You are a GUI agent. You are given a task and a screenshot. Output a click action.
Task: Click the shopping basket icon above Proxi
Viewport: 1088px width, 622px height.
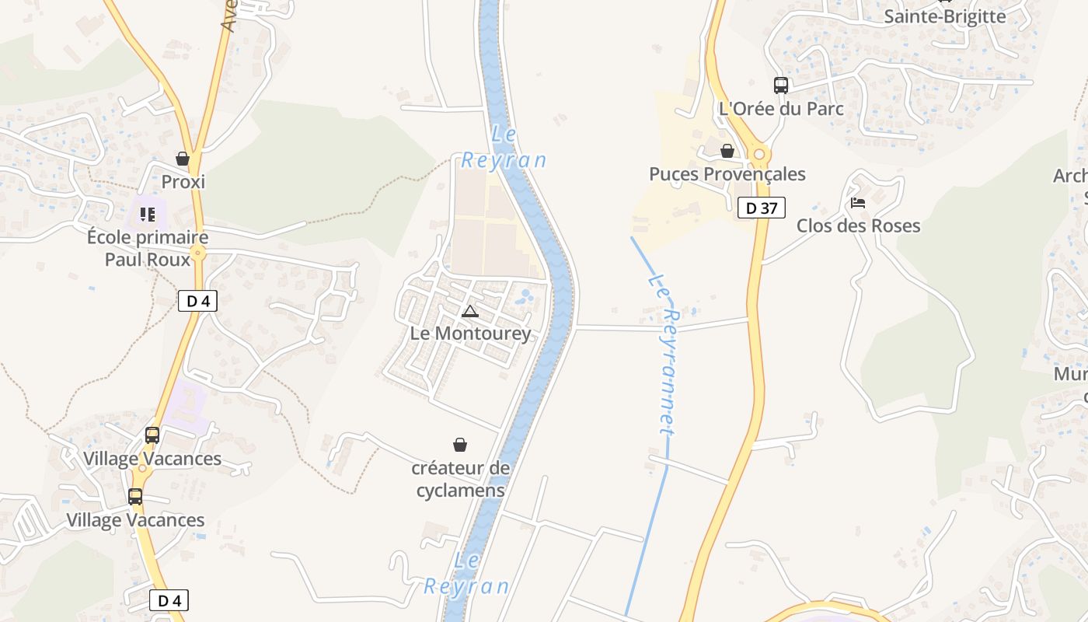click(x=183, y=159)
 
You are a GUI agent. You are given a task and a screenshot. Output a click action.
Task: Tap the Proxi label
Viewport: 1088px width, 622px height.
click(x=183, y=182)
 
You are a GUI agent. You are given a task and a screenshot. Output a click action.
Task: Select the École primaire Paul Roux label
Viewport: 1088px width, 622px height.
click(x=148, y=248)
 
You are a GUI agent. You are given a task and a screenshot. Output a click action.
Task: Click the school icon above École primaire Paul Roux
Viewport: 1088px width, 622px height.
click(x=148, y=214)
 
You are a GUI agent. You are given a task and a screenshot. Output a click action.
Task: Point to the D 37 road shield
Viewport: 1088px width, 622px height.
click(x=762, y=208)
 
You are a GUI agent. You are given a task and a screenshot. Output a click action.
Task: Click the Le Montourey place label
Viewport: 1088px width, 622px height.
click(x=471, y=334)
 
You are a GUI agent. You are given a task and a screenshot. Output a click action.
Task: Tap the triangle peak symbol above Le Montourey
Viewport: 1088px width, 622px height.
click(x=470, y=312)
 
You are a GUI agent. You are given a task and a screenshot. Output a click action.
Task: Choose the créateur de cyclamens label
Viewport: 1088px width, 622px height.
click(x=461, y=479)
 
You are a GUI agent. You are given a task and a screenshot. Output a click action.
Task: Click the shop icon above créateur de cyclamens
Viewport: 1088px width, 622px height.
click(x=460, y=445)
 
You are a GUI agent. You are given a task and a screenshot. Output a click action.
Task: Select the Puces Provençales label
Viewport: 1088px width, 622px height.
click(x=727, y=174)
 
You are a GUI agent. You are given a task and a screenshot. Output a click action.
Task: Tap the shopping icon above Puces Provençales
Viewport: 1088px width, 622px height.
click(x=727, y=151)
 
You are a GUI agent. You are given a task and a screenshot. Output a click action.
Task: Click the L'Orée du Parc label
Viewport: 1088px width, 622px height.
click(x=781, y=109)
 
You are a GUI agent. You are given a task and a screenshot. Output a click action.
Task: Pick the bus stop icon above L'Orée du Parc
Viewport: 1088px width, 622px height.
click(x=781, y=86)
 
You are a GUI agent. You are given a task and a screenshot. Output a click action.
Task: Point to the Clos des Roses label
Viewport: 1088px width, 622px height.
click(x=858, y=226)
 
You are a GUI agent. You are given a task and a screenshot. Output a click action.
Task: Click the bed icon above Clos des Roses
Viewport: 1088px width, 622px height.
click(x=858, y=203)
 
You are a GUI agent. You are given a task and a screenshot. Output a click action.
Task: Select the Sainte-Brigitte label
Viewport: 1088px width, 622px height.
click(x=945, y=16)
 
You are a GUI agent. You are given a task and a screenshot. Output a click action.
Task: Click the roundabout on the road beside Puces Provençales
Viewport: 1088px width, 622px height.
click(x=759, y=153)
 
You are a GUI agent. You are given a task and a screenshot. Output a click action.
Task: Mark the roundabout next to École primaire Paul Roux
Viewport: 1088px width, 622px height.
click(x=198, y=252)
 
